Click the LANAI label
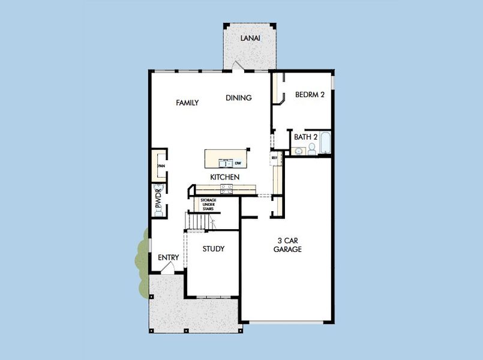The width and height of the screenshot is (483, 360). coord(250,38)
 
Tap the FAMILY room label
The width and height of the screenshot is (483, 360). coord(187,103)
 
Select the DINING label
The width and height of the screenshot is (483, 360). coord(239,98)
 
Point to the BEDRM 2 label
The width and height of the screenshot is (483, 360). coord(310,94)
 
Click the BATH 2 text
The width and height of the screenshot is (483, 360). coord(305,137)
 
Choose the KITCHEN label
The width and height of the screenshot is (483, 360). coord(225,178)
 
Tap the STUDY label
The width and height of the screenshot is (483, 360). coord(214,248)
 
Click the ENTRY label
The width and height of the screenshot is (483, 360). coord(169,258)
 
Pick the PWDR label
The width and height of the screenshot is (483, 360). coord(159,200)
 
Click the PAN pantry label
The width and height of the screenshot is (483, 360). coord(161,166)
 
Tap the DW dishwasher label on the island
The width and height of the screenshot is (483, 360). coord(238,163)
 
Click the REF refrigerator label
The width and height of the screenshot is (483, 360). coord(274,158)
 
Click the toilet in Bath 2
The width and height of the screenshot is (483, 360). coord(312,149)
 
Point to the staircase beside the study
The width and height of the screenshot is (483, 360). coord(199,221)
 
